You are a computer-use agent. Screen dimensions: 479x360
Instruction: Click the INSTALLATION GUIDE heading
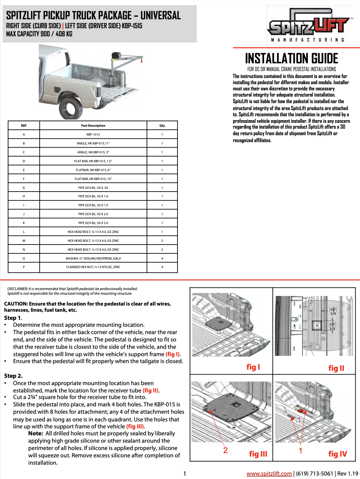pos(292,59)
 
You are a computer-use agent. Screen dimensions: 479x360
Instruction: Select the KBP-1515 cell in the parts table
pos(93,134)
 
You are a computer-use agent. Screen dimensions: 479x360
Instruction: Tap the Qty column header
pos(162,126)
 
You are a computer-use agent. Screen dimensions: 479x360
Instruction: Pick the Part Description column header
pos(93,126)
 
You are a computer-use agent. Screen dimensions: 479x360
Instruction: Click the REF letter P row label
pos(24,267)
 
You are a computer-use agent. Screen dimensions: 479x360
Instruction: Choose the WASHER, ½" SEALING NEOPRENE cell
pos(93,258)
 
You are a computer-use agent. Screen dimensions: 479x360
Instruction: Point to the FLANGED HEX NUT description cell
pos(93,267)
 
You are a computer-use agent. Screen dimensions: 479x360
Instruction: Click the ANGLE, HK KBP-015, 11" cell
pos(93,143)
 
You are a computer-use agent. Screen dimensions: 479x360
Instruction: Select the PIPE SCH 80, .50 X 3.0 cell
pos(93,223)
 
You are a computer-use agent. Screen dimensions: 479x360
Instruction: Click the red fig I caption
pos(253,367)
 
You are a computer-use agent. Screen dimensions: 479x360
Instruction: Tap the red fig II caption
pos(336,368)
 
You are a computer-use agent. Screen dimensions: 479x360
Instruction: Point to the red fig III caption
pos(258,454)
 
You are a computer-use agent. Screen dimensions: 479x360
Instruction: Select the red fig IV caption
pos(338,454)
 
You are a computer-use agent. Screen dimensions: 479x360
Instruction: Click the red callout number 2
pos(225,450)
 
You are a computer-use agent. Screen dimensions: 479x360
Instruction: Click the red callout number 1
pos(300,450)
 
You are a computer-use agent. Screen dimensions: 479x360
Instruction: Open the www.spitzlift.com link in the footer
pos(269,474)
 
